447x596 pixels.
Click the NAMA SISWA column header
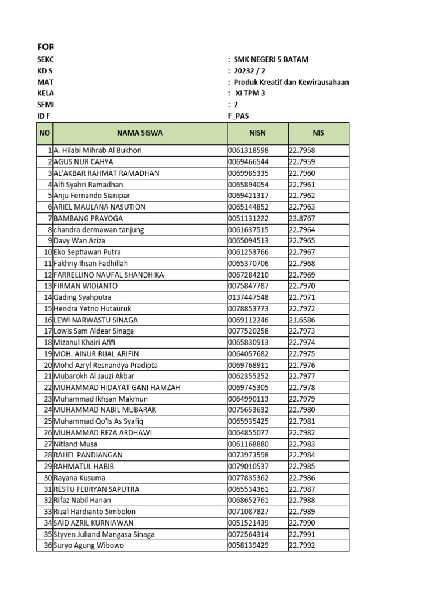(x=140, y=133)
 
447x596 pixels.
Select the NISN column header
(x=257, y=133)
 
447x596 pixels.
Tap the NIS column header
(x=318, y=133)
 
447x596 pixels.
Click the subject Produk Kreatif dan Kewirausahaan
(x=291, y=83)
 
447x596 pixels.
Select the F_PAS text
(x=239, y=116)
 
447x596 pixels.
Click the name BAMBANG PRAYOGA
(x=88, y=218)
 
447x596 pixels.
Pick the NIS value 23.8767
(x=302, y=218)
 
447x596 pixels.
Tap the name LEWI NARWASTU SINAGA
(x=95, y=320)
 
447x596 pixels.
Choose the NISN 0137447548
(x=249, y=297)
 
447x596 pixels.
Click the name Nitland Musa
(x=76, y=444)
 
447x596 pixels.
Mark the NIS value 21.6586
(x=302, y=320)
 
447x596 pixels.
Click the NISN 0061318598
(x=249, y=151)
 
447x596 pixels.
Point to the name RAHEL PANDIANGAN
(x=88, y=455)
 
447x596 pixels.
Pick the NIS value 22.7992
(x=302, y=546)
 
